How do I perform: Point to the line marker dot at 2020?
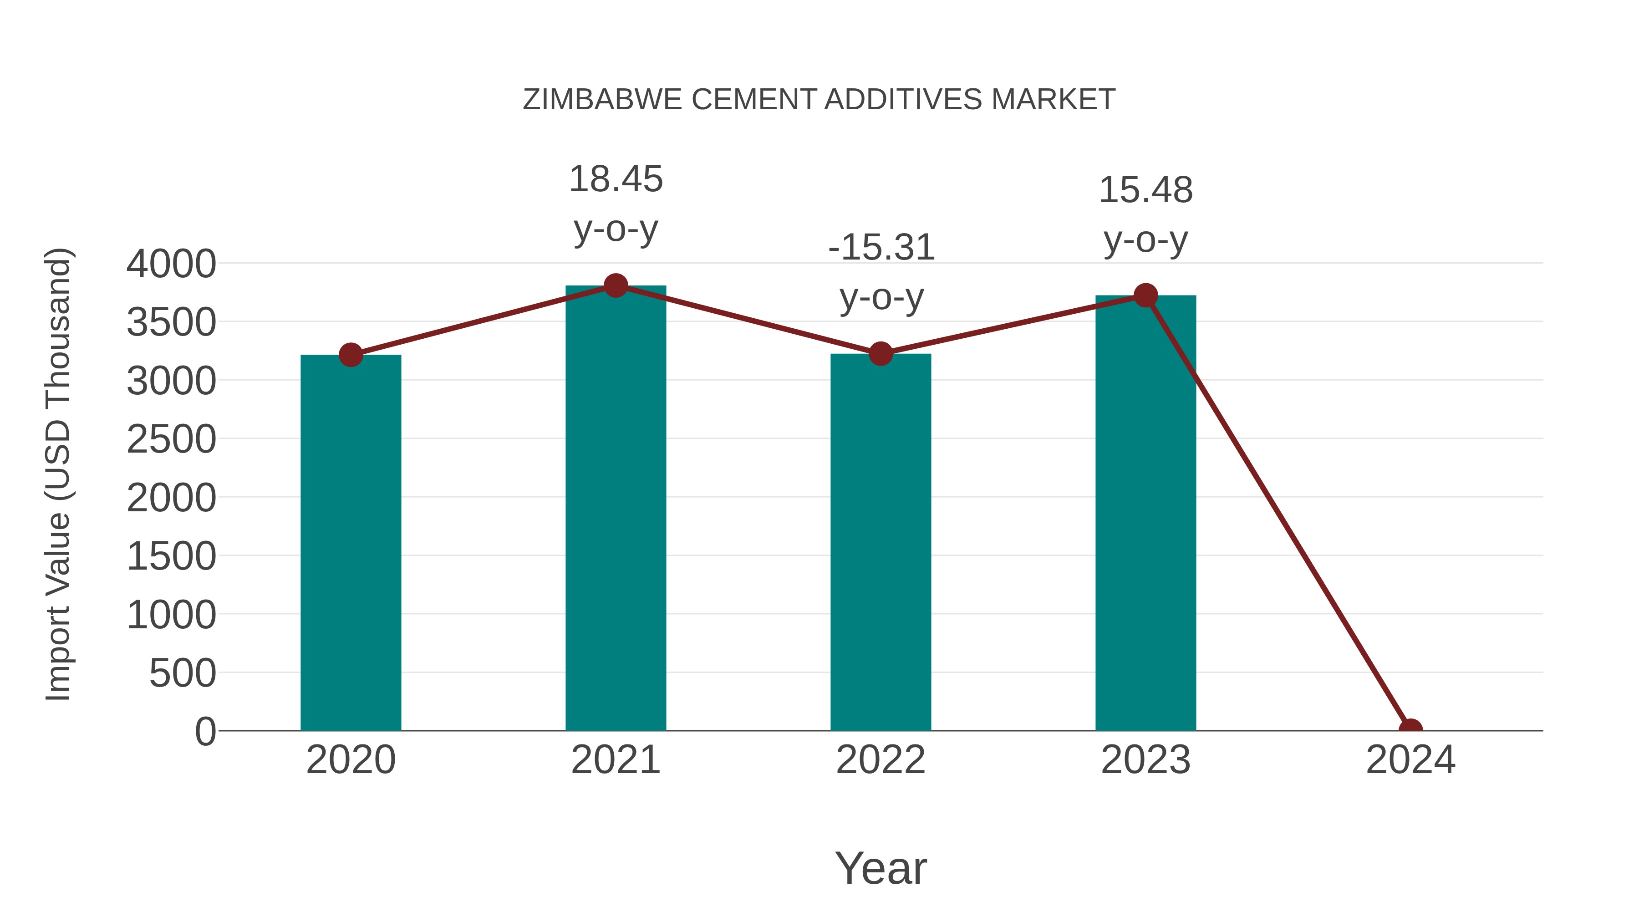click(x=351, y=355)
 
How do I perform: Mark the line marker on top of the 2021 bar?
click(x=615, y=285)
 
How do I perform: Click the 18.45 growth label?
click(x=615, y=179)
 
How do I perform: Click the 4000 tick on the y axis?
click(x=171, y=264)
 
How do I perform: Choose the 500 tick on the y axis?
click(x=183, y=673)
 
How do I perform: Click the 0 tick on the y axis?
click(x=205, y=731)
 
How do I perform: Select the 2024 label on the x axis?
click(x=1410, y=760)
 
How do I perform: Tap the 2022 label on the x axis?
click(x=881, y=760)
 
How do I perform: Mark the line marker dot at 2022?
click(x=881, y=353)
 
